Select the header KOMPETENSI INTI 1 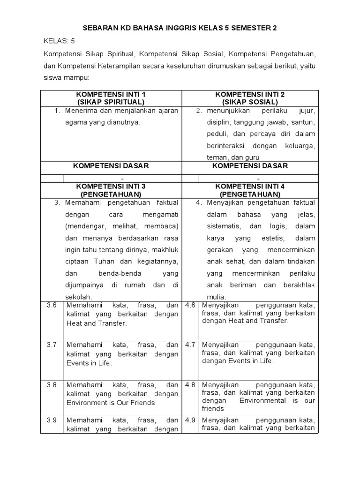click(x=111, y=94)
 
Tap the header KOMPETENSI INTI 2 click(x=249, y=94)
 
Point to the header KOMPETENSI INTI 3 click(x=111, y=186)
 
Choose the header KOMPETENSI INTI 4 click(x=249, y=186)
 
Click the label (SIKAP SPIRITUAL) click(x=111, y=102)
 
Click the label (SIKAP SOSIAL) click(x=249, y=102)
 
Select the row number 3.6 click(x=52, y=305)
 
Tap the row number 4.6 click(x=190, y=305)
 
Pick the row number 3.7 click(x=52, y=345)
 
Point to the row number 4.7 click(x=190, y=345)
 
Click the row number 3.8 click(x=52, y=384)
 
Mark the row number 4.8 click(x=190, y=384)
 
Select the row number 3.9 click(x=52, y=420)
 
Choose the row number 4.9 click(x=190, y=420)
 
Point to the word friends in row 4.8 click(x=213, y=409)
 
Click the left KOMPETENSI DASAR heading click(x=111, y=166)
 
